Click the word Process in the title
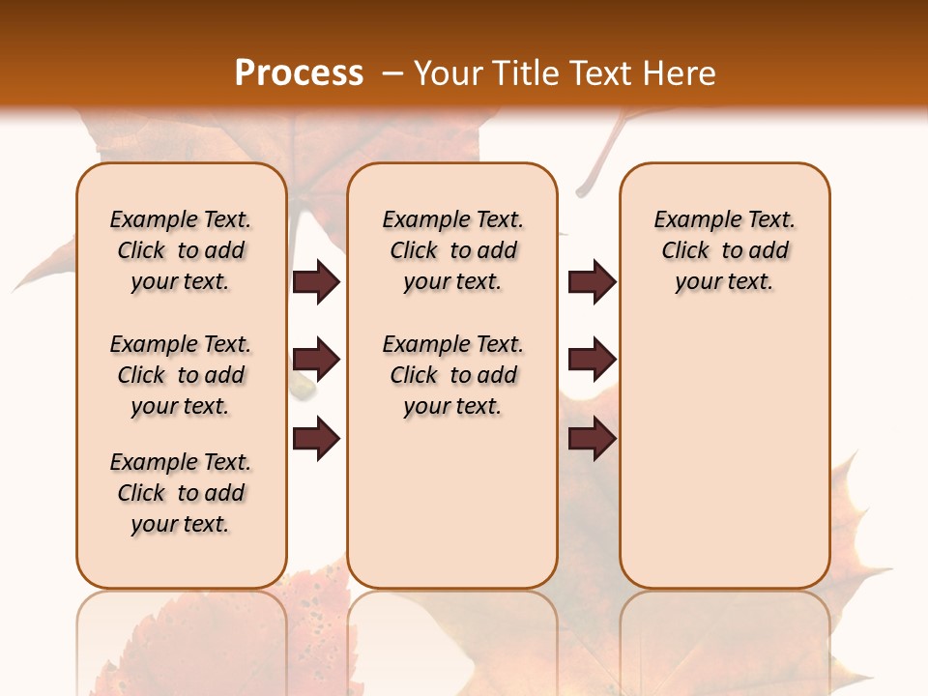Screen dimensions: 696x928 coord(299,73)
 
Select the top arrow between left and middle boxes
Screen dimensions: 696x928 coord(316,282)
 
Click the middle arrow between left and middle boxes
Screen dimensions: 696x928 coord(316,361)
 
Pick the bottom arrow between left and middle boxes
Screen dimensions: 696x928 coord(316,439)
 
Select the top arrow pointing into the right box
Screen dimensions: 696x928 coord(592,282)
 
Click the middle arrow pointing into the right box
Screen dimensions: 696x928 coord(592,361)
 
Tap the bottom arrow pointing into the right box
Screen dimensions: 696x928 coord(592,439)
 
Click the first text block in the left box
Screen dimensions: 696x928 coord(181,250)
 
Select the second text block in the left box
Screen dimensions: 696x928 coord(181,375)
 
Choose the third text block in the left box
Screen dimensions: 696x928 coord(181,493)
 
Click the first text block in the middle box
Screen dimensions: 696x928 coord(452,250)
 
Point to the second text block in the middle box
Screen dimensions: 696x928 coord(452,375)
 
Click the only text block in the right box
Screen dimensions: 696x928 coord(724,250)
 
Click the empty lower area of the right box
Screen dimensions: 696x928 coord(724,464)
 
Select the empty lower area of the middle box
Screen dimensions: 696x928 coord(452,503)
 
